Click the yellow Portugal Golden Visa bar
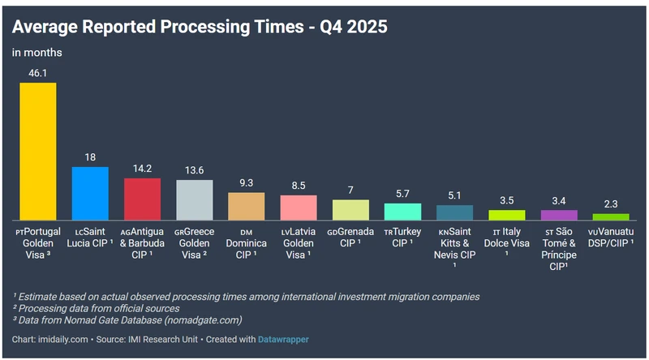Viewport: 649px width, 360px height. (38, 151)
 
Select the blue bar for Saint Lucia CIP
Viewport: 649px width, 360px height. (90, 193)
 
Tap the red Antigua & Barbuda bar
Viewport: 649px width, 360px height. (142, 199)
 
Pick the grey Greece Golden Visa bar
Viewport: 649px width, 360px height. (194, 199)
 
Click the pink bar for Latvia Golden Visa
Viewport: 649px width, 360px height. (299, 208)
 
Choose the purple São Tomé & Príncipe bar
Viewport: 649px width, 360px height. (559, 215)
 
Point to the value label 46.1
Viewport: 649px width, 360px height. (38, 73)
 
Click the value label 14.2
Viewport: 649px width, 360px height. (142, 169)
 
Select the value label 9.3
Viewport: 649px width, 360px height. (247, 183)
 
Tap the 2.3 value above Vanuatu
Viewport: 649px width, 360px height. (611, 204)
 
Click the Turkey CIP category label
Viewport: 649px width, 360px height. (402, 238)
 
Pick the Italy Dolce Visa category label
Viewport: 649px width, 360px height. (507, 238)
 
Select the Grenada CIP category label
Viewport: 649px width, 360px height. (350, 238)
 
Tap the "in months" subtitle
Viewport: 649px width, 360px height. (37, 53)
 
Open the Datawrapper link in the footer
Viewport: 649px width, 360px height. (283, 338)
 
